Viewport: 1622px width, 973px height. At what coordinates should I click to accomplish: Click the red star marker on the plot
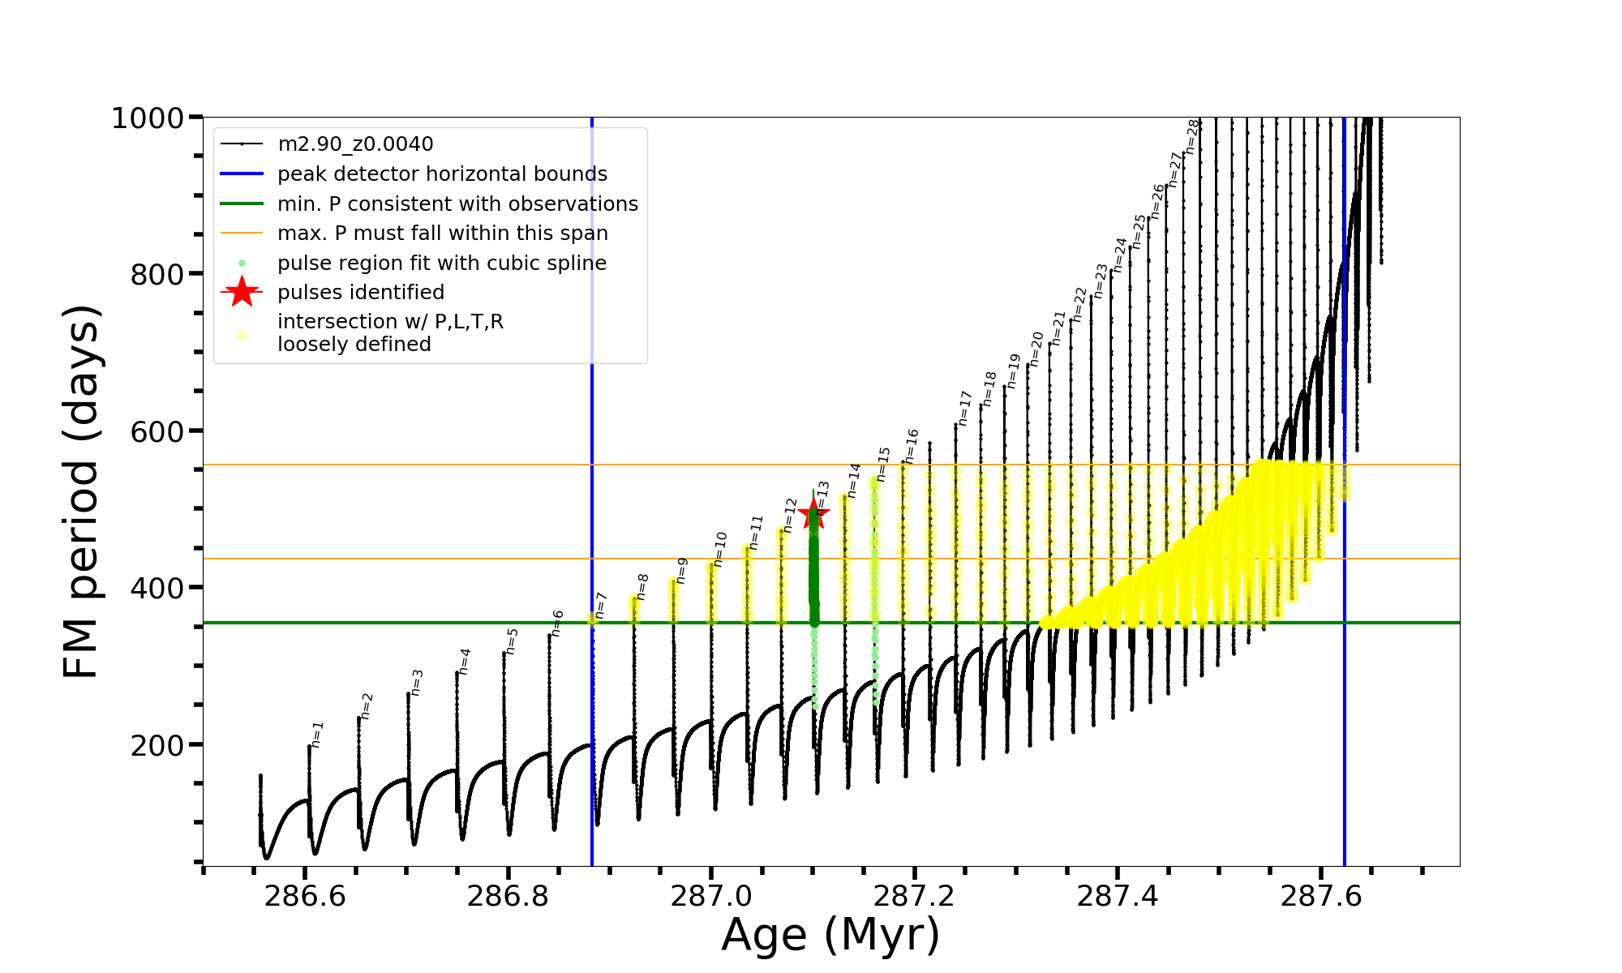pos(813,513)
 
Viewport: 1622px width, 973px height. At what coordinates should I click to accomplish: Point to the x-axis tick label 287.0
pos(711,896)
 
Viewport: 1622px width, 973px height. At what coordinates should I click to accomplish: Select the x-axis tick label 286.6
pos(305,896)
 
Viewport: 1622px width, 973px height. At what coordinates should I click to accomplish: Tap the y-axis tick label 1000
pos(148,118)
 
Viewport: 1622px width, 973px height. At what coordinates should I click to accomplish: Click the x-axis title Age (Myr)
pos(830,935)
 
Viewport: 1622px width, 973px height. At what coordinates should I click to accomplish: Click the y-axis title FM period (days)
pos(82,491)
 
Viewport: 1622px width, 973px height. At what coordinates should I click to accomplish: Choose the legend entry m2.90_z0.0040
pos(355,144)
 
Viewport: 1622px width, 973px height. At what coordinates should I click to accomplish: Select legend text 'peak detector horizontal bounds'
pos(442,174)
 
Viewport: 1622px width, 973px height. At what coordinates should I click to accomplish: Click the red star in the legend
pos(242,292)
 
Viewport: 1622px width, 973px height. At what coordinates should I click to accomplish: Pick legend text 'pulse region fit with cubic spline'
pos(442,264)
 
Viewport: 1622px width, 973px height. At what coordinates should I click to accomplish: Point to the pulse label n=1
pos(317,734)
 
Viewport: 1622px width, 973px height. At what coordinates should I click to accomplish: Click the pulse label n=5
pos(512,641)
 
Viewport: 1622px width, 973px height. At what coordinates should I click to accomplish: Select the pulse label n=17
pos(964,408)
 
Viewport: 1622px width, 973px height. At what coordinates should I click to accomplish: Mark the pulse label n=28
pos(1191,136)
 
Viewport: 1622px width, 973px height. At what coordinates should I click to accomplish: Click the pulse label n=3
pos(417,682)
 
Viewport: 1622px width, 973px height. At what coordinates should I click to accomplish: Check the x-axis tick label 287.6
pos(1320,896)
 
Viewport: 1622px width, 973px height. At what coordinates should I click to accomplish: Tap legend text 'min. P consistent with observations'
pos(457,204)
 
